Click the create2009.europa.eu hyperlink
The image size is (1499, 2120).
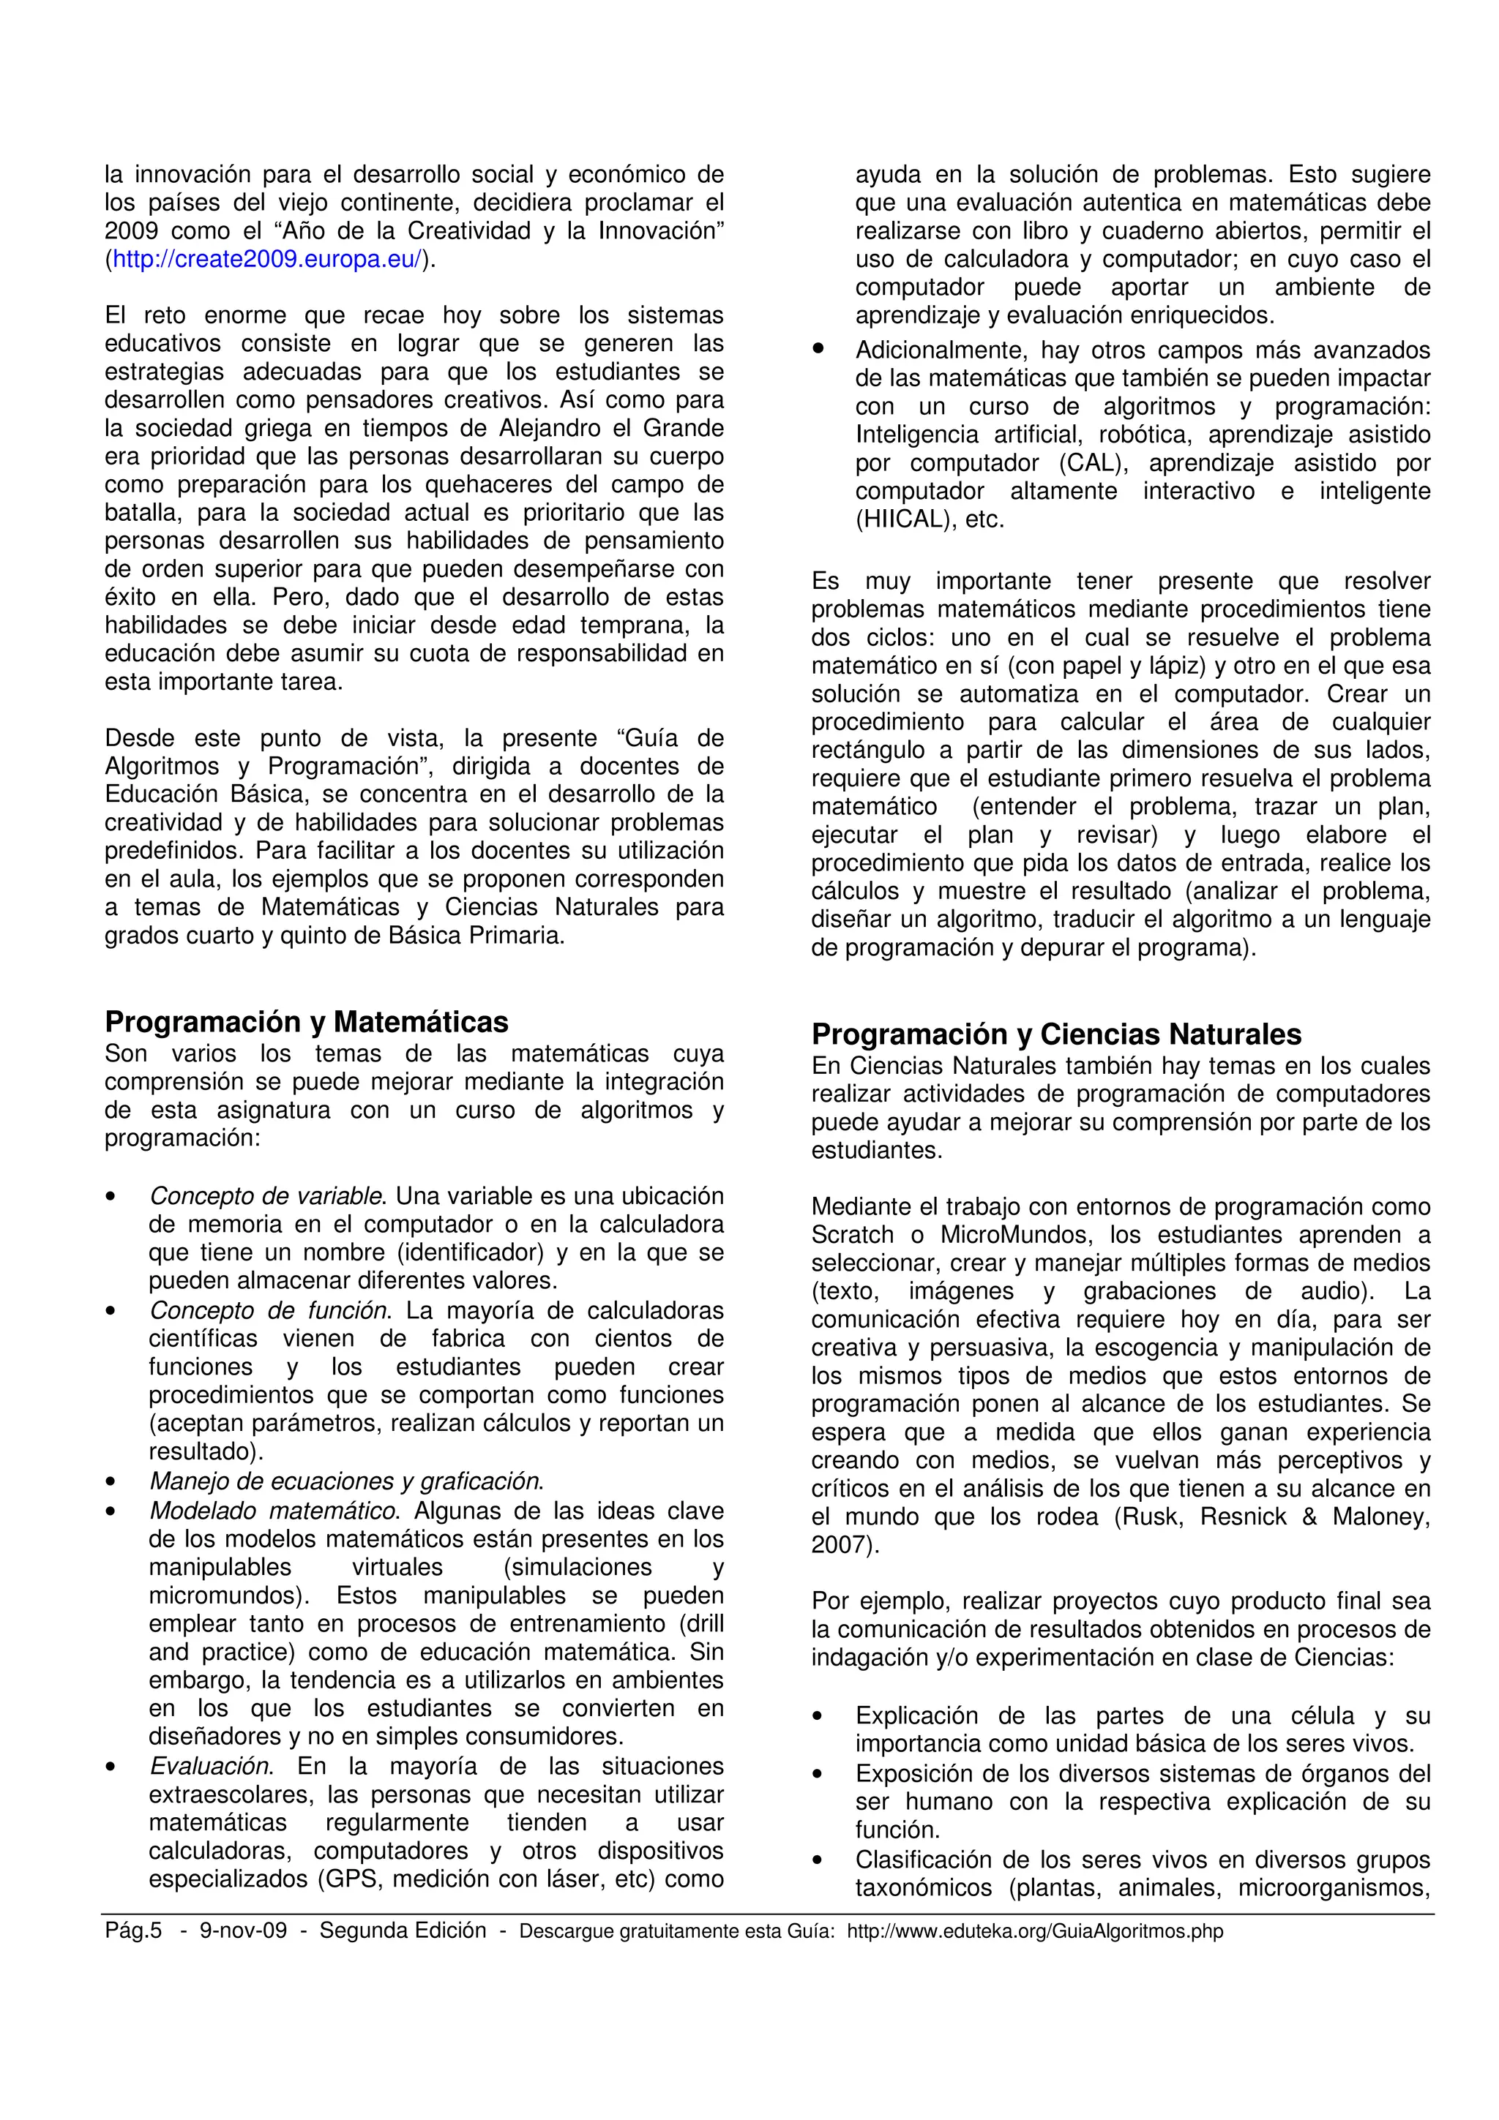click(x=267, y=260)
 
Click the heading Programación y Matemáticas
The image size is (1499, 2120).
click(x=306, y=1022)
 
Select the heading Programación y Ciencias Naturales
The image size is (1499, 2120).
click(x=1057, y=1034)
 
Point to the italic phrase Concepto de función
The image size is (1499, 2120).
click(x=268, y=1311)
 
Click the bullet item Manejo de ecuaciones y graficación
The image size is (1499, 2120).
click(x=346, y=1482)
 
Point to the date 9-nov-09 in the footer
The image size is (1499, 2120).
click(x=243, y=1931)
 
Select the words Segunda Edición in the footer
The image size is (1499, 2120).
click(x=403, y=1931)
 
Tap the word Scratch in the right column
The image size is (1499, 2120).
click(x=853, y=1236)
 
